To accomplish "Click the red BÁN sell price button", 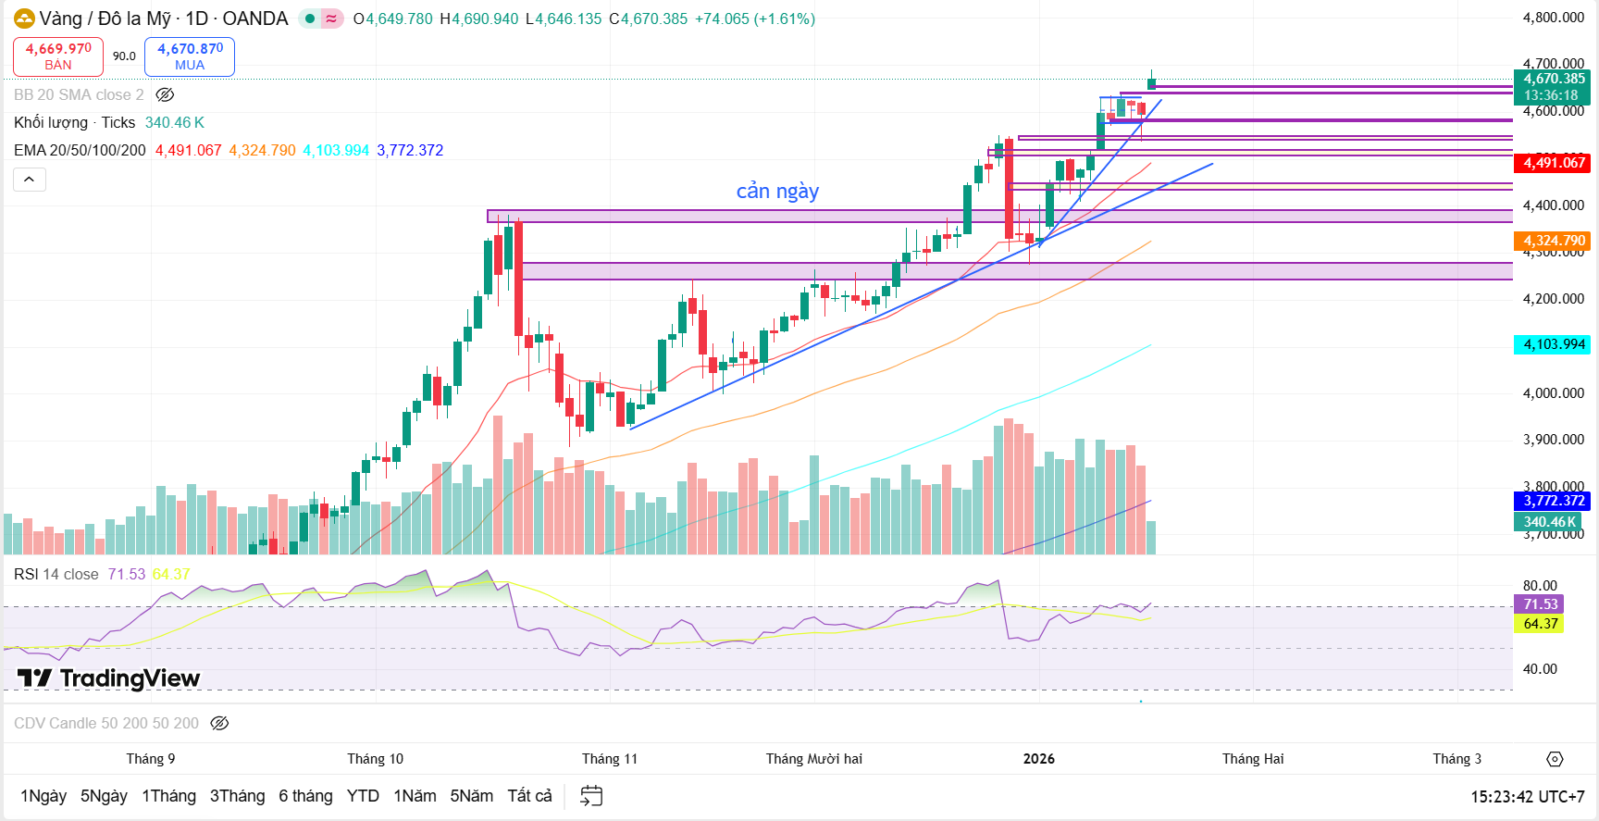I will [57, 56].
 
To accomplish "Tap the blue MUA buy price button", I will [190, 56].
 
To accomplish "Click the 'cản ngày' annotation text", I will [777, 192].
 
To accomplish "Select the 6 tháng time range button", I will [305, 796].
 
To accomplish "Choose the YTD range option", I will [363, 796].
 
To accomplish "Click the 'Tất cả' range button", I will [529, 796].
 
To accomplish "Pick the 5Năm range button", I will [471, 796].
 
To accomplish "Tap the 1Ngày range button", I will [43, 796].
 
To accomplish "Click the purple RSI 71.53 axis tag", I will [1540, 604].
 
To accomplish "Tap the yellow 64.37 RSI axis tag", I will [1540, 624].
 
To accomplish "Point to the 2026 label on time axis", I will [1038, 759].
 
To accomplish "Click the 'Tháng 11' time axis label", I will [609, 759].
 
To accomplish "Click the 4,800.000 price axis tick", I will [1553, 18].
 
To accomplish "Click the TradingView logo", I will [108, 678].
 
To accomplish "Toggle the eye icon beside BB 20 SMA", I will [165, 94].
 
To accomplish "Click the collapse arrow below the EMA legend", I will [30, 180].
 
